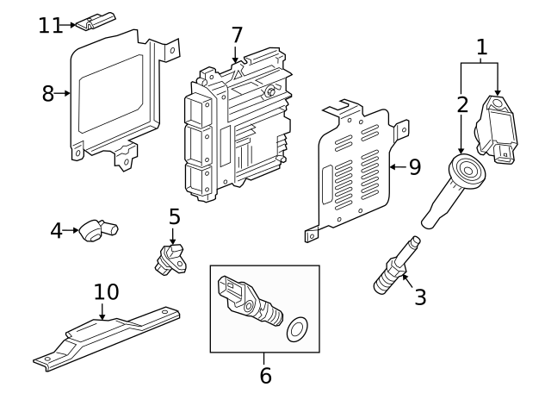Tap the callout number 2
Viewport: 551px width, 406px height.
click(462, 104)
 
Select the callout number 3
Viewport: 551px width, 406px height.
click(420, 298)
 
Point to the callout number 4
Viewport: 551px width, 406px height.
click(57, 230)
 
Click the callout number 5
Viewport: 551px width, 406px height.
click(173, 215)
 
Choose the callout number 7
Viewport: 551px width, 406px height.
click(237, 35)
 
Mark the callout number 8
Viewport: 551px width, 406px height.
click(48, 93)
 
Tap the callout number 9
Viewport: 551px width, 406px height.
click(414, 166)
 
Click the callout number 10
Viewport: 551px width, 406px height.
click(106, 292)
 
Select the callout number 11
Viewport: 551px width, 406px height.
click(51, 25)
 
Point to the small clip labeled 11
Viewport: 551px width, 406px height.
click(96, 22)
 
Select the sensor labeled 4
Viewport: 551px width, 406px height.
click(96, 230)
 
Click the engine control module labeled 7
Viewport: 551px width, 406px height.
click(237, 129)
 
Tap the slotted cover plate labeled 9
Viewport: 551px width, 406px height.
click(357, 168)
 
